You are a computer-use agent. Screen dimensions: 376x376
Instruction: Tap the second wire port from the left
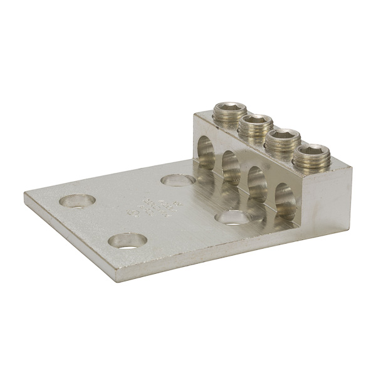231,166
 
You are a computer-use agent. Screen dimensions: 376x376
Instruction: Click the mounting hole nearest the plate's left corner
78,201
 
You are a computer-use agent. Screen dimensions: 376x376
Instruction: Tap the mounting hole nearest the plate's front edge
127,240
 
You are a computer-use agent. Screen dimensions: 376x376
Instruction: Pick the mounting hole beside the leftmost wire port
177,180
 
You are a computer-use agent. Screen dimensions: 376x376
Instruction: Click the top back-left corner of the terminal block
211,113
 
